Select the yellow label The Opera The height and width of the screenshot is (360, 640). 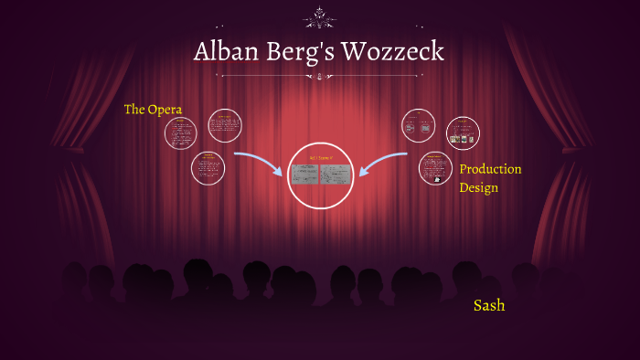pos(153,110)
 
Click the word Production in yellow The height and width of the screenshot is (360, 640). pos(490,169)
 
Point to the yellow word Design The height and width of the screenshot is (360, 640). pos(478,187)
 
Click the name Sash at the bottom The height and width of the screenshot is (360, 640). pos(489,305)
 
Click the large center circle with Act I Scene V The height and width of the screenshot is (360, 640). pos(320,175)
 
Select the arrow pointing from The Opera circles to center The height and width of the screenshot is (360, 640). pos(260,164)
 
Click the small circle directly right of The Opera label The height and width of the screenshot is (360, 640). pos(181,133)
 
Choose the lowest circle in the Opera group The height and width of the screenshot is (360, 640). pos(208,166)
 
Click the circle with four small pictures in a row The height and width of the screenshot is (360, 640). pos(463,133)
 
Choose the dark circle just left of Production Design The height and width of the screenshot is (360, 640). pos(435,168)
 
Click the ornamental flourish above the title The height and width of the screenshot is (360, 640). pos(320,16)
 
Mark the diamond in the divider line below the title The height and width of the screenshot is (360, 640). pos(320,77)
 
